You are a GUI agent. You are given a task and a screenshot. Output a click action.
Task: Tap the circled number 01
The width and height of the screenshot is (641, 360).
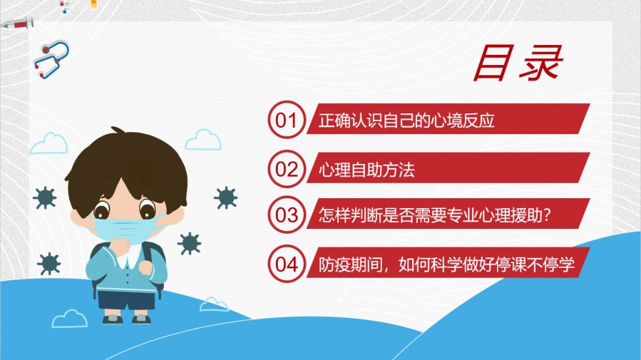coord(287,120)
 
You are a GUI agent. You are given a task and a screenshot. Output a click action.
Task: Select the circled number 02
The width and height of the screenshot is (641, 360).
coord(287,169)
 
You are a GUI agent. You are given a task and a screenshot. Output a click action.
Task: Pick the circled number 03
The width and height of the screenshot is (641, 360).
coord(287,215)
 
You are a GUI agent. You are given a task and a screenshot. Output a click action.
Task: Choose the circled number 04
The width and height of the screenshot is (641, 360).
coord(287,264)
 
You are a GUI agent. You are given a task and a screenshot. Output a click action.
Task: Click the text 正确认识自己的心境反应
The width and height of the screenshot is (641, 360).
coord(406,120)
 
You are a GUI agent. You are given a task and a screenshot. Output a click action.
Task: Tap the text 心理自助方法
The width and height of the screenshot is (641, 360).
coord(366,170)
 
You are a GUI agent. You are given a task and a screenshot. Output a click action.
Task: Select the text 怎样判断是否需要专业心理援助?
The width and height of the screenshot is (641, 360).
coord(435,215)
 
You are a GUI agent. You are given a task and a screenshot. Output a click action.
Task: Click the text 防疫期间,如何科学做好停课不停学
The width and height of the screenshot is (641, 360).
coord(447,264)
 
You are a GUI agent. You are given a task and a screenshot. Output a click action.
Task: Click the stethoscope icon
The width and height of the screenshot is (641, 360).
coord(51,59)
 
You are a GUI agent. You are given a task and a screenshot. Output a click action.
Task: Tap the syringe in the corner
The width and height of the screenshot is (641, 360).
coord(17,24)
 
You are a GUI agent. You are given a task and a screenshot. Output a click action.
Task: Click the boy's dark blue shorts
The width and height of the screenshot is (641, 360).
coord(126,300)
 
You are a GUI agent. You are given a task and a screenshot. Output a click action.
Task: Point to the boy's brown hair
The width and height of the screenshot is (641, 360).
coord(127,168)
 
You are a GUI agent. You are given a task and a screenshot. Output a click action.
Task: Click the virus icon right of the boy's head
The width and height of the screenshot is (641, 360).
coord(225,197)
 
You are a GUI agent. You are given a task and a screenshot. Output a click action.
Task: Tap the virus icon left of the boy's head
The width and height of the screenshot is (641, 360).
coord(45,197)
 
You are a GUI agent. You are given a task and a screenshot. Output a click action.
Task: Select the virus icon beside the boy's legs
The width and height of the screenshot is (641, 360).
coord(48,264)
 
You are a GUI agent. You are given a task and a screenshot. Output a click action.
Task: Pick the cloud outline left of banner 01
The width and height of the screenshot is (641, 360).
coord(203,140)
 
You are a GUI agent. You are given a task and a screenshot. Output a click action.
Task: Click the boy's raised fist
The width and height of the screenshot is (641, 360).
coord(146,267)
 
